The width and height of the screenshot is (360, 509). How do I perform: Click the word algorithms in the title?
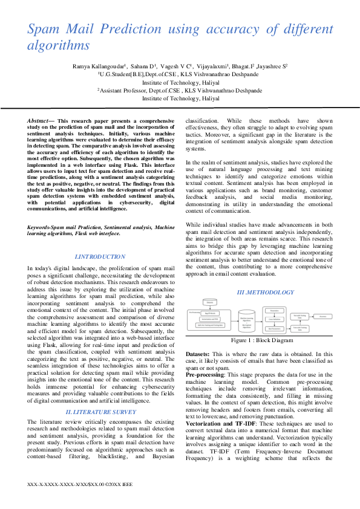point(59,45)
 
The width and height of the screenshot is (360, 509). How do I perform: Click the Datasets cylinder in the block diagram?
point(210,302)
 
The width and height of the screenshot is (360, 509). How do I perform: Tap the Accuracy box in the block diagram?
point(324,316)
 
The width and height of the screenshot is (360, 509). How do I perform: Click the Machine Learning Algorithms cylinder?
point(247,320)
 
